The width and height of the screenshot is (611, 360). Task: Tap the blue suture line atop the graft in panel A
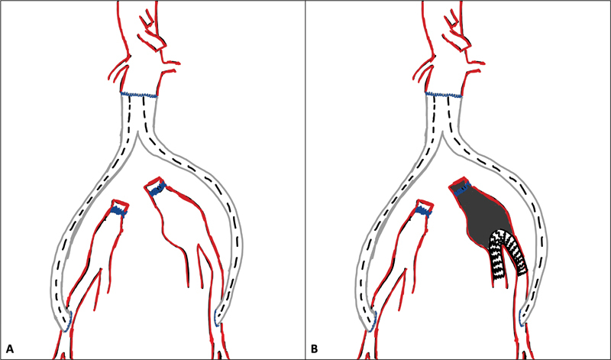(138, 95)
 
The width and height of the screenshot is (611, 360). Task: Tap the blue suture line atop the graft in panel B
(444, 95)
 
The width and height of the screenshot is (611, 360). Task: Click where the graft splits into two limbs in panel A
(137, 138)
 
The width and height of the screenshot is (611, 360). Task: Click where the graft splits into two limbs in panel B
(443, 138)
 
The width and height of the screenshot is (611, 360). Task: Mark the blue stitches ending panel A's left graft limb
(68, 322)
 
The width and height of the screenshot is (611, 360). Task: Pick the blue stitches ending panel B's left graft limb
(373, 322)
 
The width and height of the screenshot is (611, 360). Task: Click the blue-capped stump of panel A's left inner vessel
(118, 209)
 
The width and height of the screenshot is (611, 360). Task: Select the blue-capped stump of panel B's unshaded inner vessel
(423, 209)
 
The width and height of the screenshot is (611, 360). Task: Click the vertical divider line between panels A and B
(305, 180)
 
